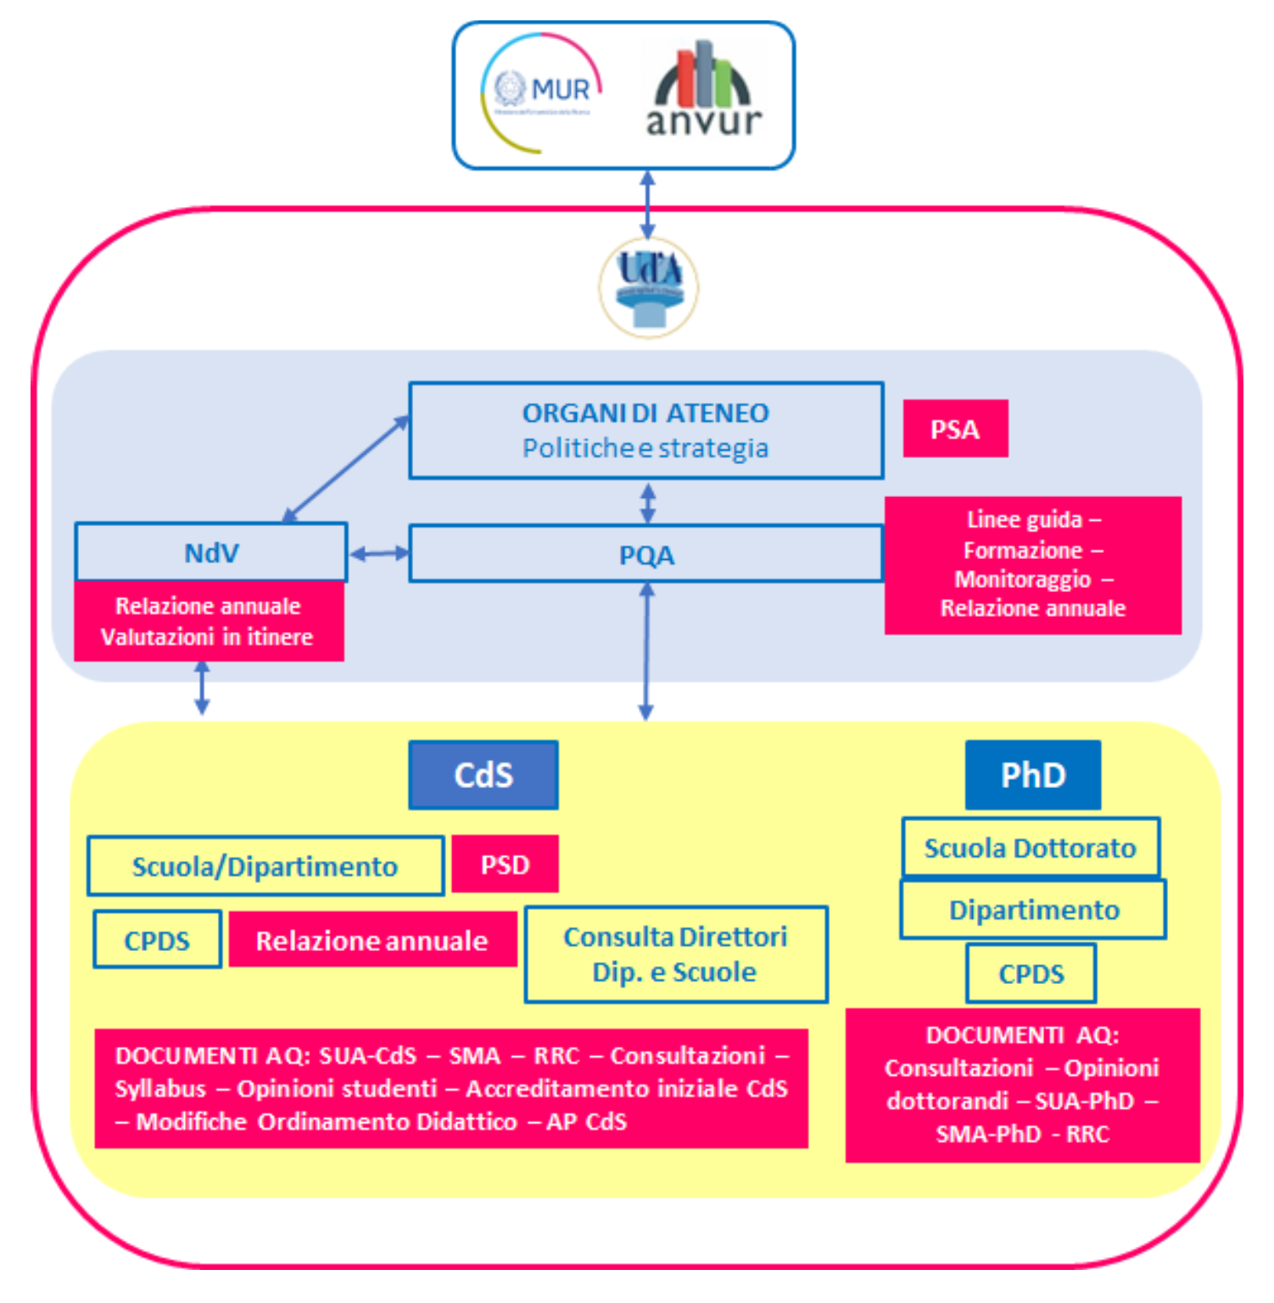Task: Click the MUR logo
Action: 541,92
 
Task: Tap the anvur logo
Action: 704,90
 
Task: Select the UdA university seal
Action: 649,287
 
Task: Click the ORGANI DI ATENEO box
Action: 645,430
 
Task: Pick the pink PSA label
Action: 955,429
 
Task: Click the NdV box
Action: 211,552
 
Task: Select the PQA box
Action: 645,555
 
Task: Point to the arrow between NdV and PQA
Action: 378,554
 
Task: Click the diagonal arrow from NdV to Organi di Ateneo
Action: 344,469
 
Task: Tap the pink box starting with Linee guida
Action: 1032,565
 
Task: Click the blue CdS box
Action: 483,775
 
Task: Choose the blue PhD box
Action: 1032,775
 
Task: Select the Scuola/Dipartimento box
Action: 265,866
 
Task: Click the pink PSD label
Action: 505,864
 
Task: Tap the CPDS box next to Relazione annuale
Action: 157,940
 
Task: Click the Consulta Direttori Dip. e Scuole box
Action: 675,954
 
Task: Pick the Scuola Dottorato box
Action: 1030,847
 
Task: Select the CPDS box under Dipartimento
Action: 1031,973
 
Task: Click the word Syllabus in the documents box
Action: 160,1088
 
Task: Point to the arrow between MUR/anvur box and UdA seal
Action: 647,204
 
